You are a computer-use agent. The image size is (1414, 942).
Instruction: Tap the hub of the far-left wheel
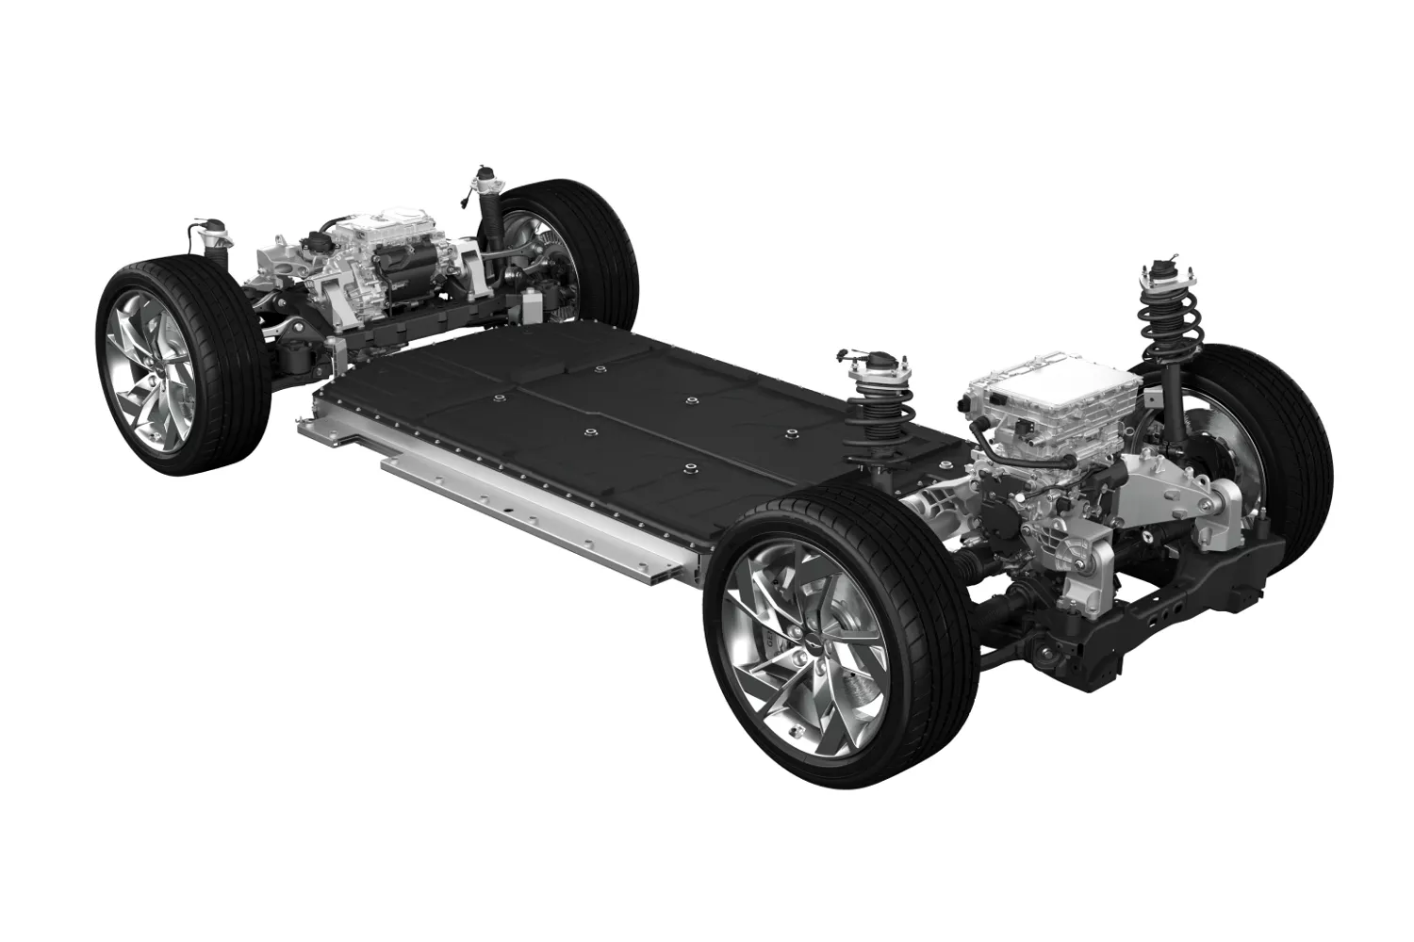click(151, 367)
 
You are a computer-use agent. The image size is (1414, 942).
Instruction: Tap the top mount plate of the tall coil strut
click(1167, 273)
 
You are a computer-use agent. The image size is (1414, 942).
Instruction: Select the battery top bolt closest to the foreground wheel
click(691, 468)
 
